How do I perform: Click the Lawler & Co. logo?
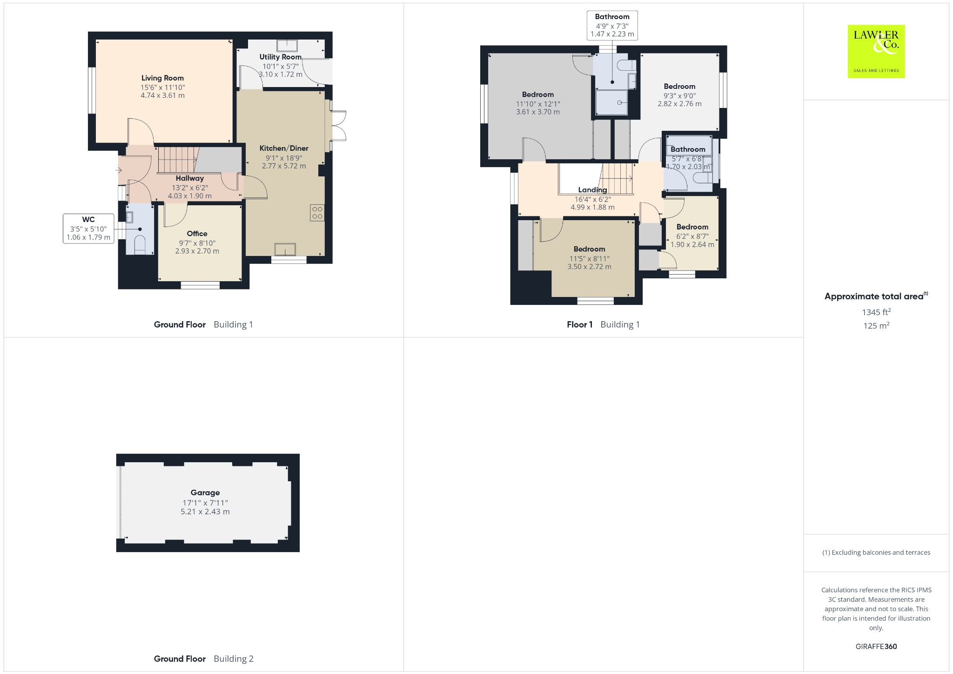tap(876, 51)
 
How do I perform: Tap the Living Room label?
tap(162, 78)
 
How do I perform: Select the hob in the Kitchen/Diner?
tap(317, 213)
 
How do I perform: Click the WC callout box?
tap(88, 228)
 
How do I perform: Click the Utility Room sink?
tap(287, 45)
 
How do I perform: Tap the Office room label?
tap(197, 234)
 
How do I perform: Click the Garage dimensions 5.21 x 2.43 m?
tap(205, 512)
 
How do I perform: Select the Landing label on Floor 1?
tap(592, 190)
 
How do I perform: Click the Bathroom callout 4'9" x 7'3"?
tap(612, 25)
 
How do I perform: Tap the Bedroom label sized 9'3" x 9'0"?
tap(679, 87)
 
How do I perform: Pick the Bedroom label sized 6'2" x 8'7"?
tap(692, 227)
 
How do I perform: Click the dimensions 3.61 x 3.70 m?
tap(537, 112)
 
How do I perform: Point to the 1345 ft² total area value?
tap(876, 312)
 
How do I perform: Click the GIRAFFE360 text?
tap(876, 647)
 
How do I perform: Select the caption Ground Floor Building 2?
tap(203, 659)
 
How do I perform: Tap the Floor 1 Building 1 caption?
tap(603, 324)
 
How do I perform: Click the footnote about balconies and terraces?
tap(876, 553)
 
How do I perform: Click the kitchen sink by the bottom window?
tap(285, 249)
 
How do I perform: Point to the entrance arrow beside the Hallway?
tap(119, 170)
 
